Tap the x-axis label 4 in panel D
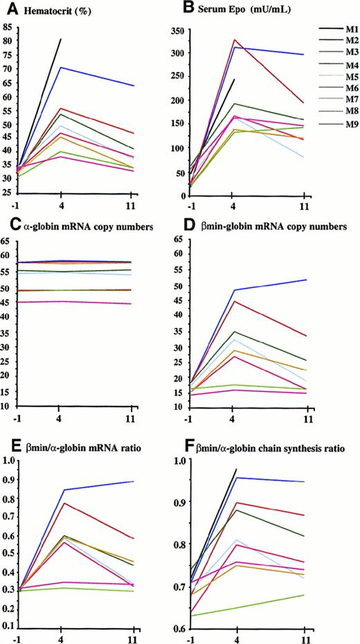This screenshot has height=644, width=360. coord(236,420)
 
